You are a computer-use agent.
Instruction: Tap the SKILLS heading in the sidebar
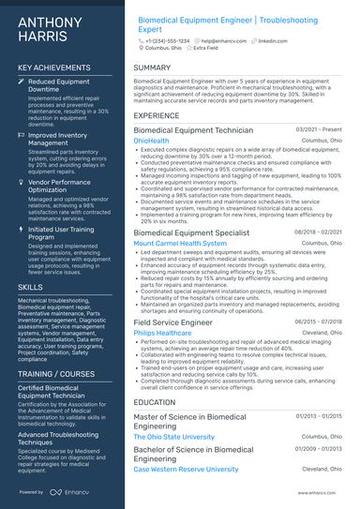pyautogui.click(x=30, y=286)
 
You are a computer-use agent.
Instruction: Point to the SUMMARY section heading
pyautogui.click(x=152, y=68)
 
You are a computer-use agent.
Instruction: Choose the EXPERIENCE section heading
pyautogui.click(x=157, y=116)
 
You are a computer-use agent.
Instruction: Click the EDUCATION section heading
pyautogui.click(x=155, y=402)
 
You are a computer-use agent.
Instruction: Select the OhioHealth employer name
pyautogui.click(x=152, y=141)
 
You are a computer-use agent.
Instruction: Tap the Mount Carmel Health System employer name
pyautogui.click(x=180, y=243)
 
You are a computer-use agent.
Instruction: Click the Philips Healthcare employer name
pyautogui.click(x=169, y=333)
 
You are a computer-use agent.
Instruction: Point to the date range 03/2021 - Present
pyautogui.click(x=319, y=129)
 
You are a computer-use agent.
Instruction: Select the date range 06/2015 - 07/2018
pyautogui.click(x=319, y=322)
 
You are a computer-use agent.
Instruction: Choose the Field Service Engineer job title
pyautogui.click(x=174, y=322)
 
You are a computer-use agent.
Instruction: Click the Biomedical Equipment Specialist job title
pyautogui.click(x=191, y=232)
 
